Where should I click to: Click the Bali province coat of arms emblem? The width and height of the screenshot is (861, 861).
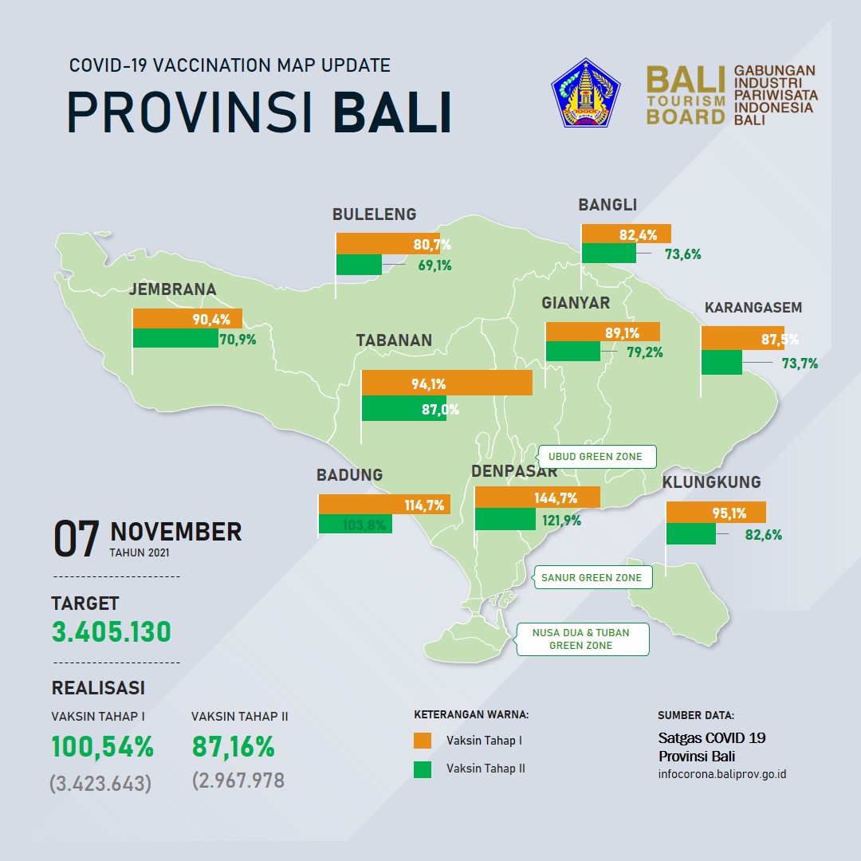[585, 92]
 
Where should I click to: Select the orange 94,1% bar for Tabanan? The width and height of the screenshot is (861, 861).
[447, 383]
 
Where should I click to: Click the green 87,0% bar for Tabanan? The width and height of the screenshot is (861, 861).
[403, 408]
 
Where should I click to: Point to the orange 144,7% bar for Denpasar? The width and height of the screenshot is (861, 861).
[537, 497]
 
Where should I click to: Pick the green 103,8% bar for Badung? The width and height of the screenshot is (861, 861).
[356, 524]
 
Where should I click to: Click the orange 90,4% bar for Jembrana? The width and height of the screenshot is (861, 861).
[187, 318]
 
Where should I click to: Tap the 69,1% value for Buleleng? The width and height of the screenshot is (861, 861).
[435, 265]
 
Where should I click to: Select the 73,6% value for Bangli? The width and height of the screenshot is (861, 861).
[683, 254]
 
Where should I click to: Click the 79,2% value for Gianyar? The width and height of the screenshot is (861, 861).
[645, 352]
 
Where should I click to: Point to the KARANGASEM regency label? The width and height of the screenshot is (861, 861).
[753, 308]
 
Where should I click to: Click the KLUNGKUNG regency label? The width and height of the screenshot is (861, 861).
[712, 482]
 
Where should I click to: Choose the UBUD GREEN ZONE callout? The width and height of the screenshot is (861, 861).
[596, 456]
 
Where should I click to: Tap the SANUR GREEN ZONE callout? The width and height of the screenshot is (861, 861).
[592, 577]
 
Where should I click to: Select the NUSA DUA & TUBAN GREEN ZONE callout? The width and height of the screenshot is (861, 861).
[581, 639]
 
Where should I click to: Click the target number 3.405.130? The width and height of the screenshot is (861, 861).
[112, 631]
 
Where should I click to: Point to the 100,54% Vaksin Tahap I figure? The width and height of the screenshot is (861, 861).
[103, 747]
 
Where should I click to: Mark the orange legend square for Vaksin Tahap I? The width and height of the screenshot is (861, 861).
[423, 740]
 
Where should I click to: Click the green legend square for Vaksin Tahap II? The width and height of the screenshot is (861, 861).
[423, 769]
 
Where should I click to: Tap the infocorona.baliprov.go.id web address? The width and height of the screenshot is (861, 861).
[722, 774]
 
